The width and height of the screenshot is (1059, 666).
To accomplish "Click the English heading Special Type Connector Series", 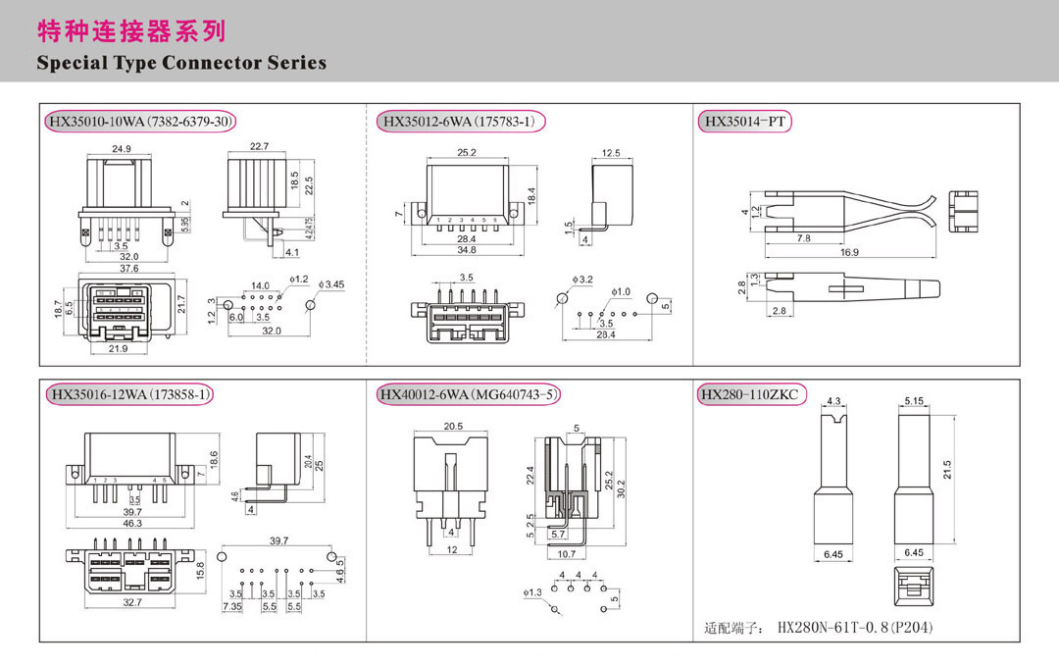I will click(x=181, y=63).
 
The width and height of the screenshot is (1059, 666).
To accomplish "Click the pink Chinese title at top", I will click(x=131, y=31).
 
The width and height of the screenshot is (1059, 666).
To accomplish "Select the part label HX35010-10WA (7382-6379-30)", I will click(x=141, y=122).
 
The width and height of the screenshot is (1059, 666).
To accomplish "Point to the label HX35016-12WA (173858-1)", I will click(x=129, y=394).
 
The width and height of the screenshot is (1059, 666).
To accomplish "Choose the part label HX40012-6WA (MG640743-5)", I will click(x=469, y=394).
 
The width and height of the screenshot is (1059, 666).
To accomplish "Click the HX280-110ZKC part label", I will click(x=749, y=394).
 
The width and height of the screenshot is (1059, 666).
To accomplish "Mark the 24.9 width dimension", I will click(x=122, y=149).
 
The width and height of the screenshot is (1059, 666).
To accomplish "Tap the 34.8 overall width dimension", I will click(x=466, y=251).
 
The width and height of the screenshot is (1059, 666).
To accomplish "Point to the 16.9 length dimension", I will click(x=849, y=252).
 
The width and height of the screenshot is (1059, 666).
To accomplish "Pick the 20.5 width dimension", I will click(x=453, y=426).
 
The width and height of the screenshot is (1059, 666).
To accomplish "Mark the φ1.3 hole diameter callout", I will click(x=534, y=592).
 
